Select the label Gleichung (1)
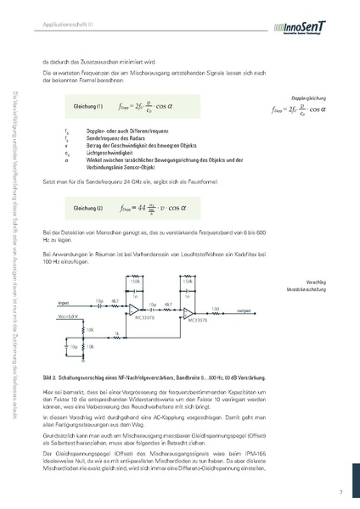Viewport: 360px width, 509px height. pos(88,106)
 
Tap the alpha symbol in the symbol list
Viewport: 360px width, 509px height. pos(66,157)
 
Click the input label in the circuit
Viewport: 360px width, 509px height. pos(64,302)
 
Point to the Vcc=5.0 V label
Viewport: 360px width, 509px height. pos(69,316)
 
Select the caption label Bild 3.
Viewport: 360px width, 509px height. pos(48,373)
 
